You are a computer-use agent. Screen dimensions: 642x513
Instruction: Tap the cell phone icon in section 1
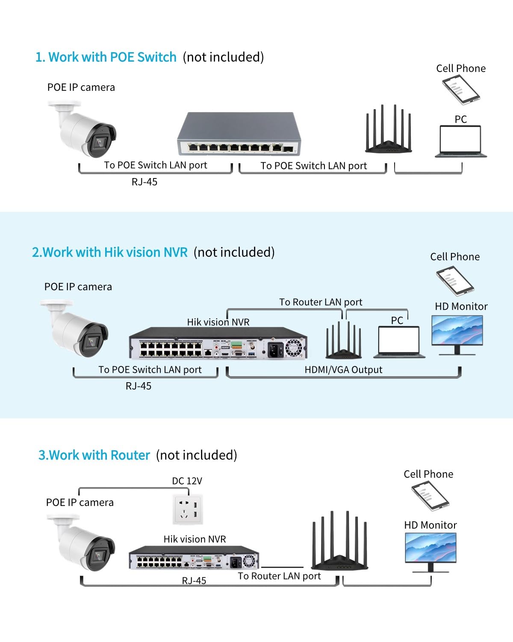tap(461, 89)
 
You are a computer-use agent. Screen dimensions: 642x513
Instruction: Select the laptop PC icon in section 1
tap(461, 141)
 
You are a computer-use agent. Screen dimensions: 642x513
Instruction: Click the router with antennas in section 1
tap(388, 131)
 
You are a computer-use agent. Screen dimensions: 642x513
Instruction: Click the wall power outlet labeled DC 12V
tap(188, 509)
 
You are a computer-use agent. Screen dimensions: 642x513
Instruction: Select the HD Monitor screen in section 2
tap(457, 331)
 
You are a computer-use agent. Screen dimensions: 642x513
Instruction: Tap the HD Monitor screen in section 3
tap(430, 548)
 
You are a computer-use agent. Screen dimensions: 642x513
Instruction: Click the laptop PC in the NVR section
tap(399, 341)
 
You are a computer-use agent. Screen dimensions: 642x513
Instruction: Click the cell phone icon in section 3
tap(430, 496)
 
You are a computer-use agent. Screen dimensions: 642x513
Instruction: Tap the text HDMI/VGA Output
tap(343, 370)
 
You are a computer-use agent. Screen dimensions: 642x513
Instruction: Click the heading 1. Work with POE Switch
tap(106, 57)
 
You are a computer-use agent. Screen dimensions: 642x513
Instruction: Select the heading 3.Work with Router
tap(94, 455)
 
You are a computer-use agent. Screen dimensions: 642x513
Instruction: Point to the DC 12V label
tap(187, 481)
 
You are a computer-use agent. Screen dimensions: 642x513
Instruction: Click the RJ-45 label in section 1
tap(144, 182)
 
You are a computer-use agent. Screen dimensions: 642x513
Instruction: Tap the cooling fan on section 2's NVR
tap(293, 348)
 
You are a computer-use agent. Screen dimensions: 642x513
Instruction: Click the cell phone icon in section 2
tap(455, 281)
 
